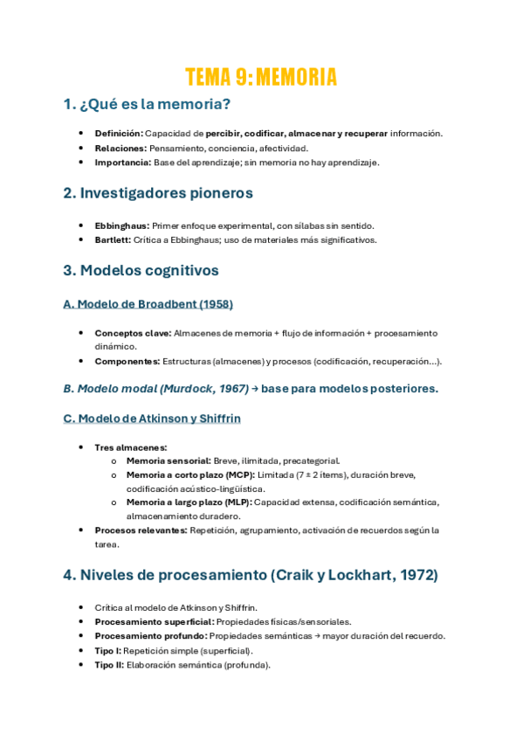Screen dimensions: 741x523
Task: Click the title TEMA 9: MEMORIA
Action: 261,77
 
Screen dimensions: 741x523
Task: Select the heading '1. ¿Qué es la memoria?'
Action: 147,106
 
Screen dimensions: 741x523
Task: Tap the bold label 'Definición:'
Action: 119,134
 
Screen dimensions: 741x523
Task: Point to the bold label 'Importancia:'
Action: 122,163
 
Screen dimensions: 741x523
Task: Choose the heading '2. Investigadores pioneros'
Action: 158,193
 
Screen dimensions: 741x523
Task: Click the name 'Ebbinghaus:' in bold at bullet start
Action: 121,225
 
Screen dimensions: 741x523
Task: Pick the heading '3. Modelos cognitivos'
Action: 141,270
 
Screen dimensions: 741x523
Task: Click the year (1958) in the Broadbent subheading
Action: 214,304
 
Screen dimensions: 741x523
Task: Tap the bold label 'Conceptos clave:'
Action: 133,333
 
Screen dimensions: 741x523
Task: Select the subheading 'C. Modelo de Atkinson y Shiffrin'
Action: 152,419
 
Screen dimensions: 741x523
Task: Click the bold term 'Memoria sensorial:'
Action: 169,461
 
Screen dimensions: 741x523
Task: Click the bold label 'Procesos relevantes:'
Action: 141,530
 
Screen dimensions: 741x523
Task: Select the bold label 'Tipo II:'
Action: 109,664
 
